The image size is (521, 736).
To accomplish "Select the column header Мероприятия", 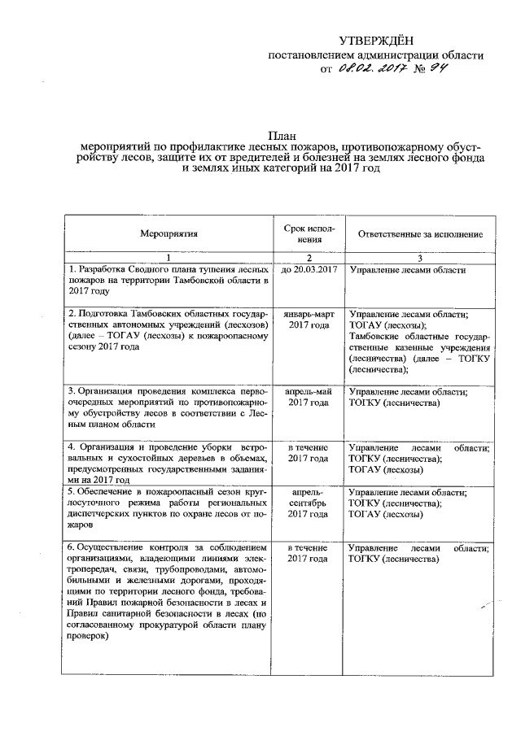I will coord(169,233).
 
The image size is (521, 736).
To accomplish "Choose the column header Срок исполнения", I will coord(304,233).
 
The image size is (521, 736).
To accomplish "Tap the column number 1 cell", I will coord(169,258).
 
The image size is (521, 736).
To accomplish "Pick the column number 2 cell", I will coord(304,258).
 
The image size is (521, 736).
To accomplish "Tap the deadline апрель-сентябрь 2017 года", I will coord(309,503).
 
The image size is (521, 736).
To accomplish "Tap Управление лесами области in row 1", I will coord(406,269).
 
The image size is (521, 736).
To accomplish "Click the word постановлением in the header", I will coord(317,55).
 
